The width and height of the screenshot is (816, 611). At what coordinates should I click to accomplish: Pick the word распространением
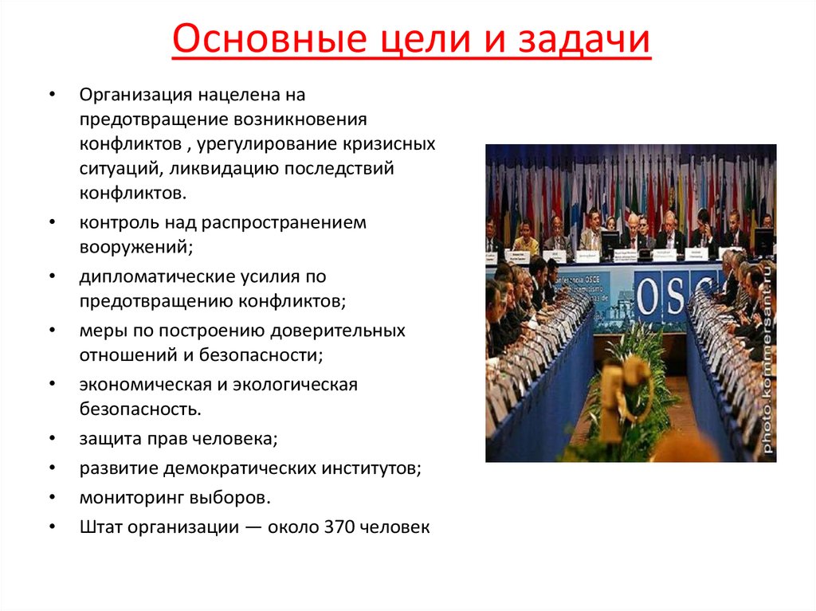pyautogui.click(x=290, y=222)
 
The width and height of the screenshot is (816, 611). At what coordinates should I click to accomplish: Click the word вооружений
pyautogui.click(x=135, y=247)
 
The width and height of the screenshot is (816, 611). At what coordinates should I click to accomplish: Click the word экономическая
pyautogui.click(x=142, y=384)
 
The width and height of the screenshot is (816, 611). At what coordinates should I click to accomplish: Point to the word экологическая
pyautogui.click(x=295, y=384)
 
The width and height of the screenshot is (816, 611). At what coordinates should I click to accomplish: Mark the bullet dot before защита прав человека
pyautogui.click(x=52, y=439)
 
